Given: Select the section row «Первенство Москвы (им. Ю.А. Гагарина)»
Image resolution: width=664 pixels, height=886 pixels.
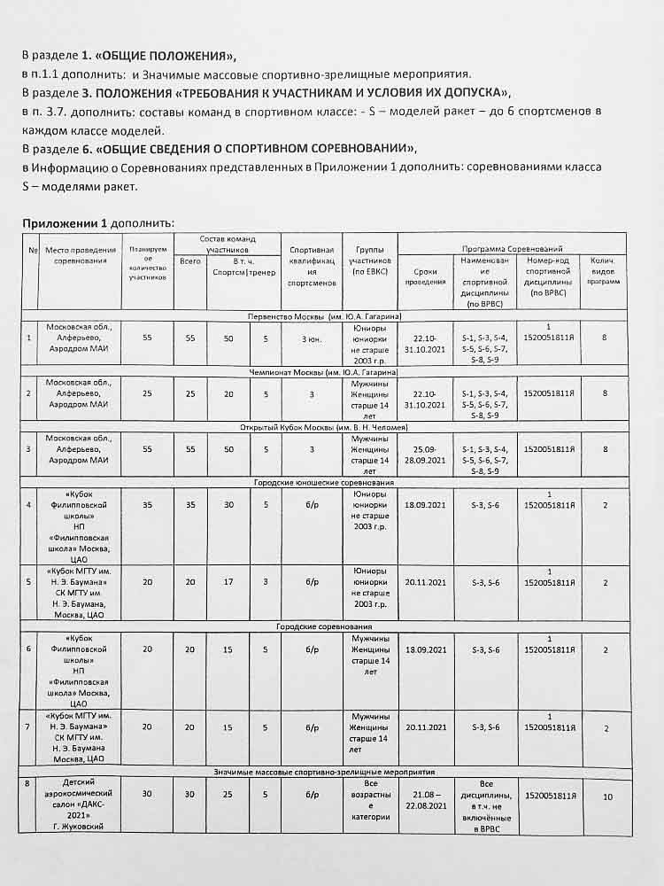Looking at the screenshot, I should point(329,316).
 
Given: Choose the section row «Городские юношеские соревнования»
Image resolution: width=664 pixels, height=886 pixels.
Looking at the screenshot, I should point(329,483).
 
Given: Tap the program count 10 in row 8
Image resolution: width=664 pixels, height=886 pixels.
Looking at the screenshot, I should point(607,797).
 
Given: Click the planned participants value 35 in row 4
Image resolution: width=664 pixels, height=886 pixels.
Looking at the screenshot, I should point(147,506).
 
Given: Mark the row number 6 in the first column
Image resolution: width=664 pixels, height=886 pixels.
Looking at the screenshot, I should point(30,649).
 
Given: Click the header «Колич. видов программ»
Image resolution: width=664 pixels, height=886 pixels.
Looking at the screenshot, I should point(604,270).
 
